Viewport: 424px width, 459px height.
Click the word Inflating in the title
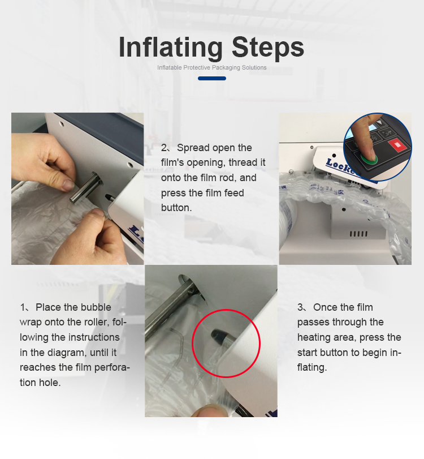[x=171, y=48]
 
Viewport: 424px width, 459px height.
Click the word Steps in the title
[x=268, y=48]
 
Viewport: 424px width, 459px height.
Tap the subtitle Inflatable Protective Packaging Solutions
[x=211, y=67]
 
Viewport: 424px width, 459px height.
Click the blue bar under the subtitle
[x=211, y=78]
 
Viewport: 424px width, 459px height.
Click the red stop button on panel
[x=397, y=145]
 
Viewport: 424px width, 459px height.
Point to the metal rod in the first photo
[x=86, y=187]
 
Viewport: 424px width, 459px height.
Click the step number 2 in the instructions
[x=163, y=148]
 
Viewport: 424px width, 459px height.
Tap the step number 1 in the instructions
[x=22, y=307]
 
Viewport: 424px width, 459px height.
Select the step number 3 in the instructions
[x=300, y=307]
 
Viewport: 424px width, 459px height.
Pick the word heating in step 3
[x=313, y=338]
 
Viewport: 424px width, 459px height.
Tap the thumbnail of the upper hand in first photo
[x=69, y=185]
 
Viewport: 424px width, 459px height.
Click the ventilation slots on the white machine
[x=359, y=234]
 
